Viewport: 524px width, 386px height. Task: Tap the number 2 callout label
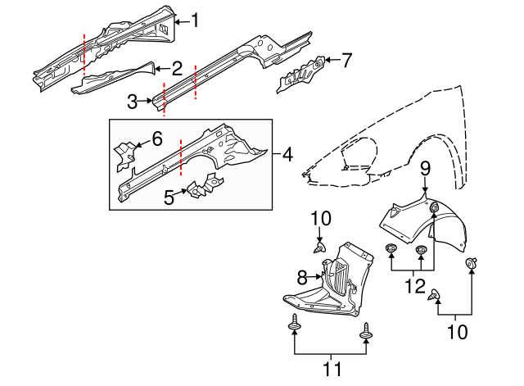(x=177, y=69)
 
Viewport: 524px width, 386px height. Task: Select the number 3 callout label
(x=133, y=102)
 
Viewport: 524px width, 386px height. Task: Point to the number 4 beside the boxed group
(x=287, y=154)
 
